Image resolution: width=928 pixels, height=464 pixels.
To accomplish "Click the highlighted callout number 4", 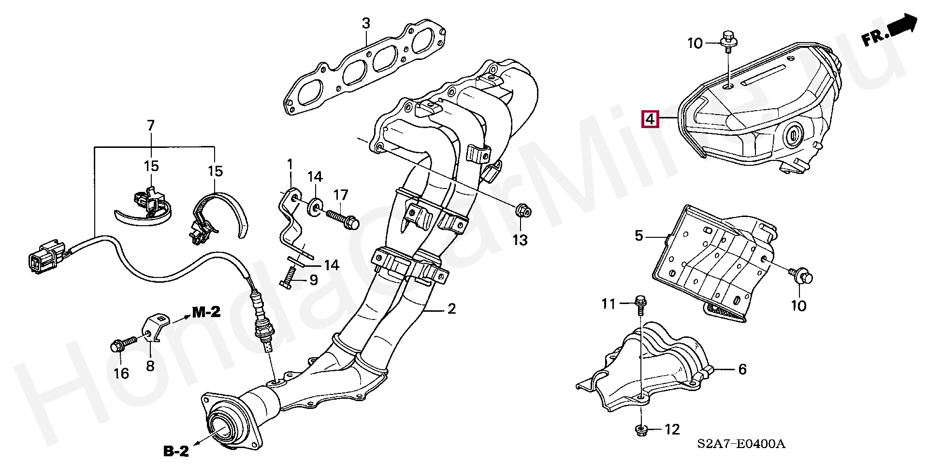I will click(x=651, y=118).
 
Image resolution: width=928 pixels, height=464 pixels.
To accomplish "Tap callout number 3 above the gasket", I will click(x=366, y=23).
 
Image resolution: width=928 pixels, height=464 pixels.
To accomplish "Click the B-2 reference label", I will click(x=176, y=451).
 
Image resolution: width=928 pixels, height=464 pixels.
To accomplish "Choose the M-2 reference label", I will click(x=206, y=312).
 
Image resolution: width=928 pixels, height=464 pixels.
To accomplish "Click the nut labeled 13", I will click(x=522, y=211).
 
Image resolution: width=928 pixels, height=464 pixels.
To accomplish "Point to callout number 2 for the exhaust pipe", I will click(x=451, y=308).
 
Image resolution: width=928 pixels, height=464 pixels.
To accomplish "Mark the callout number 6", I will click(x=742, y=370).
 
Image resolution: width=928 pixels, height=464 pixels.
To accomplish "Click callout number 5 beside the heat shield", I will click(x=639, y=236).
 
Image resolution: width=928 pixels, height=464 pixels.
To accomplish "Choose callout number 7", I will click(x=151, y=126).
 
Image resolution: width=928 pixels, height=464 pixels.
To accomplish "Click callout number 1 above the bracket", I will click(x=290, y=165).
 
